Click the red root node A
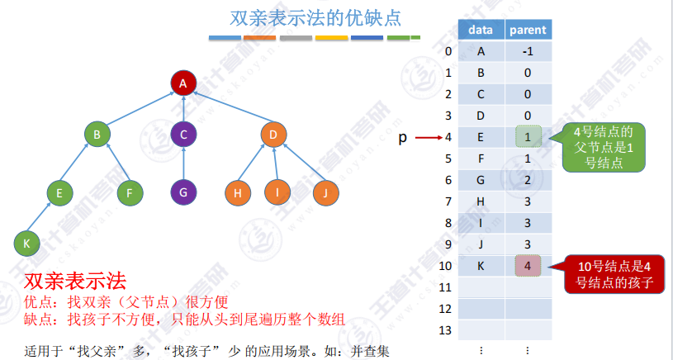[x=183, y=83]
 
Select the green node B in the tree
[x=97, y=134]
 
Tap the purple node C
[x=183, y=134]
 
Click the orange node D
[x=273, y=134]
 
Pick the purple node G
[x=183, y=193]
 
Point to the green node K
[x=26, y=243]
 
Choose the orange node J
[x=326, y=193]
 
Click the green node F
[x=128, y=193]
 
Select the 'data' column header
[x=481, y=31]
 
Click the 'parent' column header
[x=527, y=31]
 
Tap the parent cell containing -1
[x=527, y=52]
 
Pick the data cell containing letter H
[x=481, y=201]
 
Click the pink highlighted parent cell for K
[x=527, y=266]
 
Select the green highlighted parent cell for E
[x=527, y=137]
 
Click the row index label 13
[x=447, y=329]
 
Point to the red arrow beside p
[x=428, y=138]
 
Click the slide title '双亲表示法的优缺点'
[x=315, y=18]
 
